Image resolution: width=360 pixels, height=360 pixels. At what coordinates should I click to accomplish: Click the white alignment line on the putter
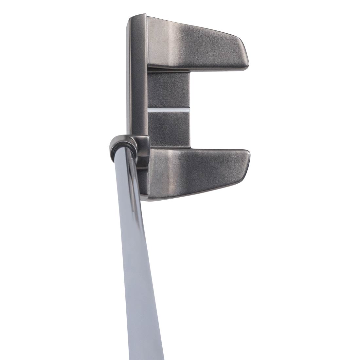[x=168, y=110]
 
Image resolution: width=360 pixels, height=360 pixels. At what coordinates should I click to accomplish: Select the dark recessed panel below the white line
[x=168, y=126]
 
